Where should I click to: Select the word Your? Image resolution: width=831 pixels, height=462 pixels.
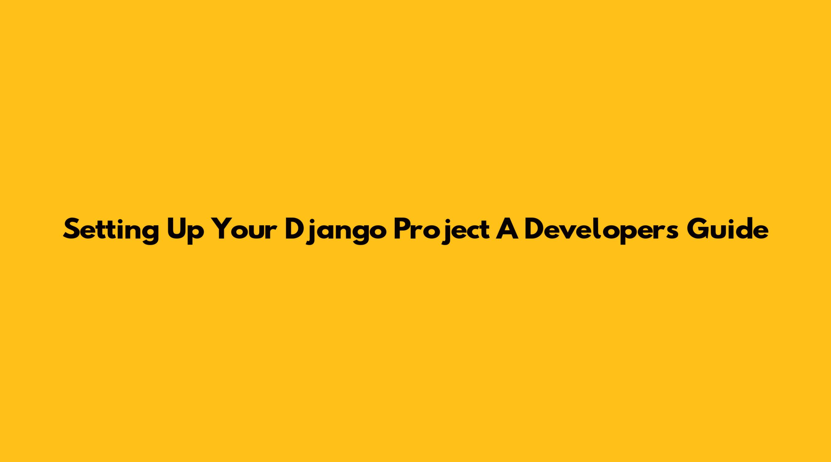pos(245,229)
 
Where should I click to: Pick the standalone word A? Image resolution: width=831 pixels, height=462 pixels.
pos(507,229)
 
